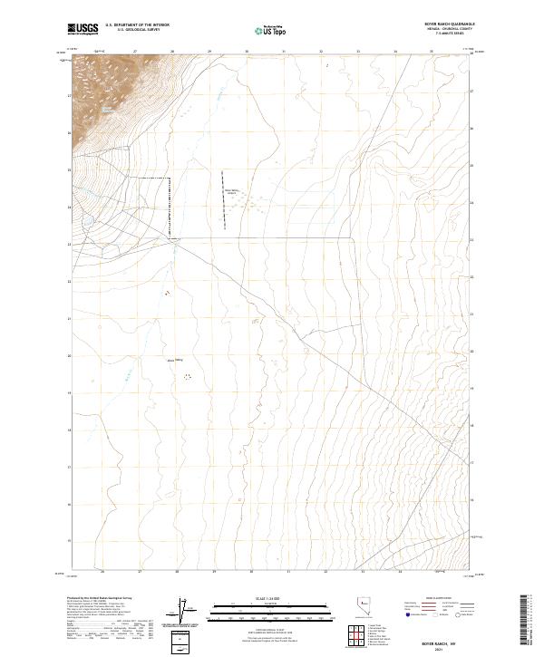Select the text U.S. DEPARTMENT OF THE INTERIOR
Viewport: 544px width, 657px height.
coord(137,25)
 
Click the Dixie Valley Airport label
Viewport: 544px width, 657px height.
coord(230,191)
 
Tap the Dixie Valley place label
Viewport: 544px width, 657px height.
coord(175,361)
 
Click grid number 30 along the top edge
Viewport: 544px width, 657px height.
coord(247,52)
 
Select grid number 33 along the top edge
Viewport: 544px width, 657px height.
coord(357,52)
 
